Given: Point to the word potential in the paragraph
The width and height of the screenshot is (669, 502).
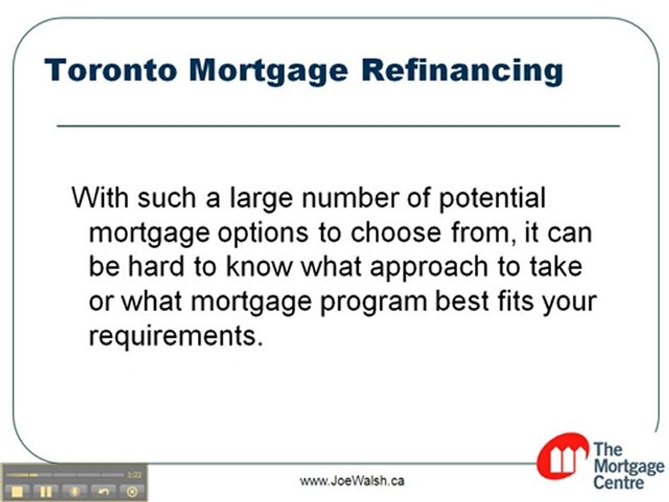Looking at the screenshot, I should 492,199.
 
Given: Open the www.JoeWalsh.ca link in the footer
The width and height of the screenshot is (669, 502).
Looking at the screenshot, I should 352,481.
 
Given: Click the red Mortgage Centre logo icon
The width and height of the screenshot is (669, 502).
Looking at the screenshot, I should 562,457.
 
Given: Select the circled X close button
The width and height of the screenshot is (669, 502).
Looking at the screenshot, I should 132,491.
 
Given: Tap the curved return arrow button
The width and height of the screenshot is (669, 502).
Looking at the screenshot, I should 104,491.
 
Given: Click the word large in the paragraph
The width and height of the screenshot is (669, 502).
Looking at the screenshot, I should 259,199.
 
